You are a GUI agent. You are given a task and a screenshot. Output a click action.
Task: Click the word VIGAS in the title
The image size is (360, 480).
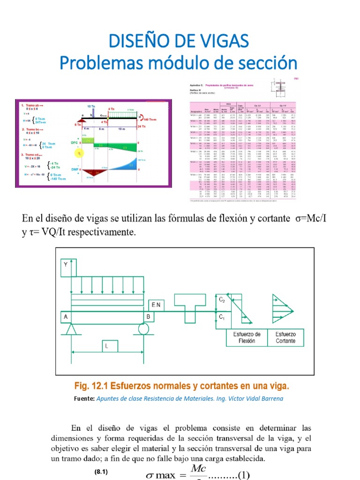[x=221, y=41]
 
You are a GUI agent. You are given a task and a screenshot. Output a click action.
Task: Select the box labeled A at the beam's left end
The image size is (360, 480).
[x=66, y=317]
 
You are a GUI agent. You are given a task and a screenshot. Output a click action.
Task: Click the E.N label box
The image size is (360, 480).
[x=157, y=305]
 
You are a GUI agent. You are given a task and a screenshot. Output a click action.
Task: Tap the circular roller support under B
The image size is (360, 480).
[x=144, y=329]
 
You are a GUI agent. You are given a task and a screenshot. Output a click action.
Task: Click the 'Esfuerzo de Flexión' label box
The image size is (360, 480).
[x=247, y=337]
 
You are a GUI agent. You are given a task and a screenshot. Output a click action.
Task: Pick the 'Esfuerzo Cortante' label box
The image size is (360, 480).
[x=285, y=337]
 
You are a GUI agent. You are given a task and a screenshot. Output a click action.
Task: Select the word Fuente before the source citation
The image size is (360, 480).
[x=84, y=399]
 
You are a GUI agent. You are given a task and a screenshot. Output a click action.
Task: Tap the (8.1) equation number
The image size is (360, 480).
[x=102, y=472]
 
